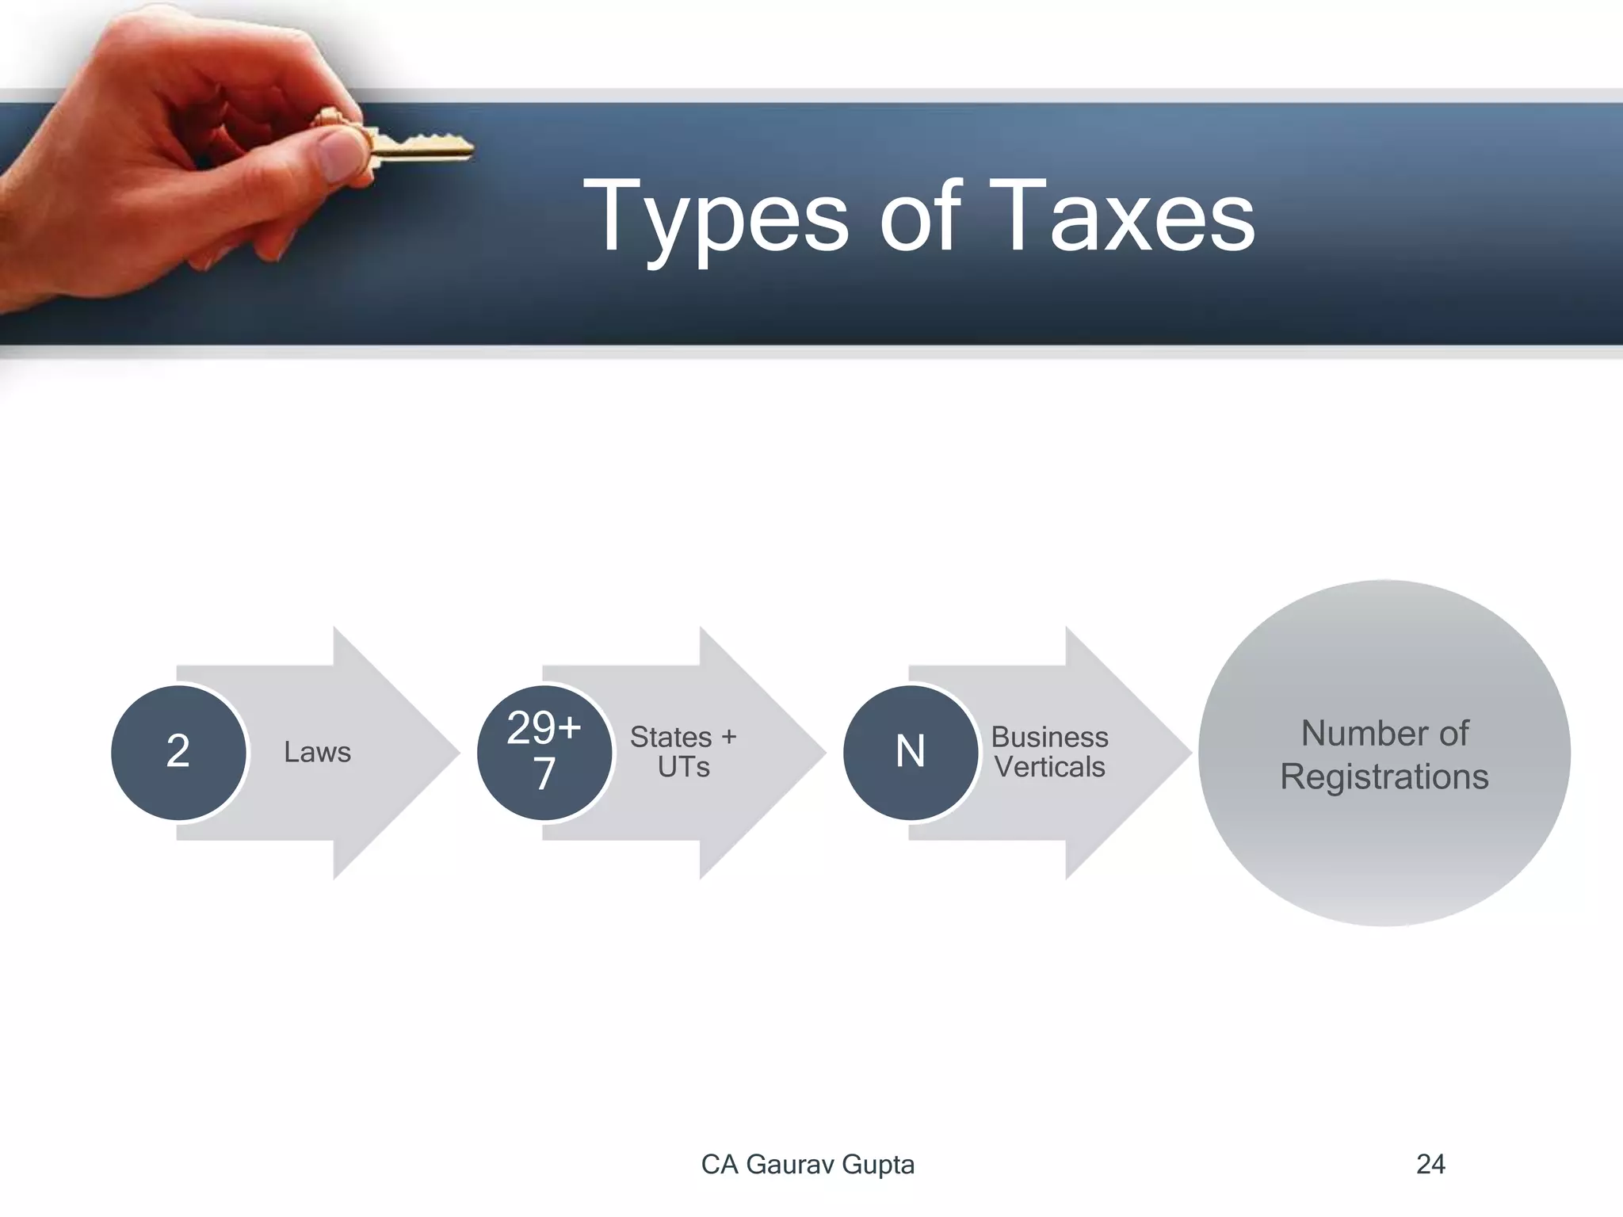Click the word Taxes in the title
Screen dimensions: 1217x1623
1128,216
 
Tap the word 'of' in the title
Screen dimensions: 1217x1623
919,216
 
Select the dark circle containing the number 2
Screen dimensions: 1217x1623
178,752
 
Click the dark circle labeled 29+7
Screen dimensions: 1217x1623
544,752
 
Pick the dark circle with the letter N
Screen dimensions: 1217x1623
911,752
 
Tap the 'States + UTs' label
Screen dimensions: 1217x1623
683,752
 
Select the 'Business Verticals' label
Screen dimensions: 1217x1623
1049,752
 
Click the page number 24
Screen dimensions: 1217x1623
1430,1165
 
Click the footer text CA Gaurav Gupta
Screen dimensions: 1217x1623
808,1165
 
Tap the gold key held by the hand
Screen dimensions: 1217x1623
420,147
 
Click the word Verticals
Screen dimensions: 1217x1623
1049,768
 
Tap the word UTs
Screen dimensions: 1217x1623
683,768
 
